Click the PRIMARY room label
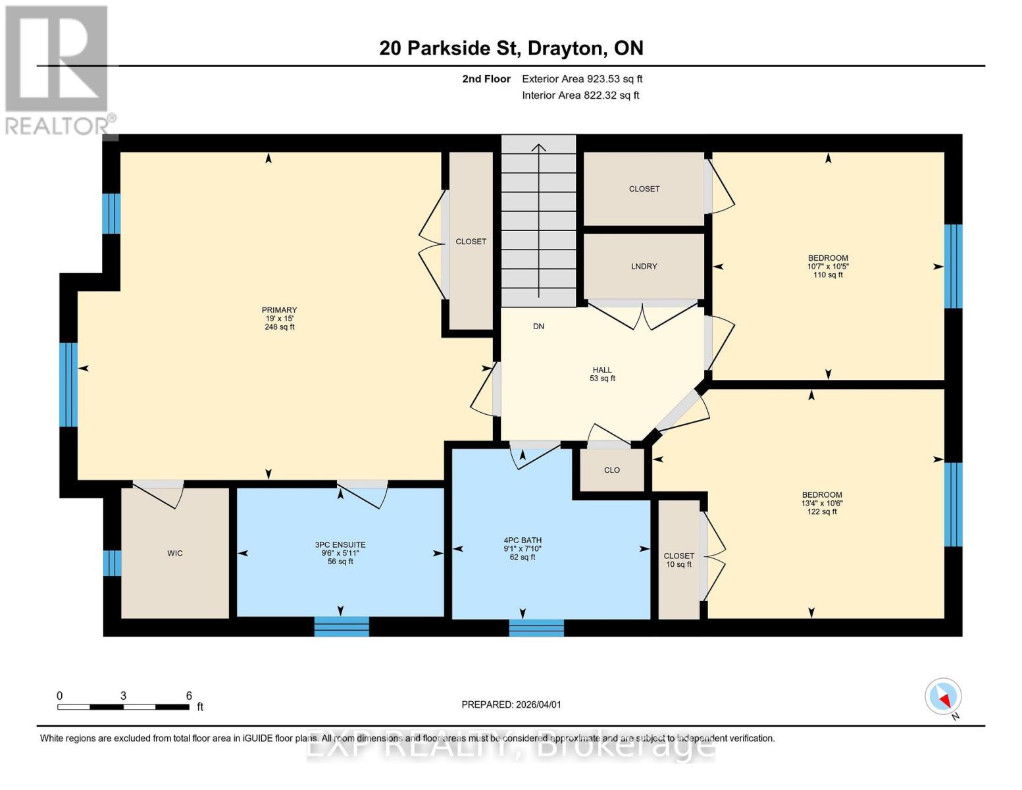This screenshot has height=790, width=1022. pyautogui.click(x=279, y=318)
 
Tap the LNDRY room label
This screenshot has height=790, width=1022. pyautogui.click(x=644, y=267)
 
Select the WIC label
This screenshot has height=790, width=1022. pyautogui.click(x=174, y=554)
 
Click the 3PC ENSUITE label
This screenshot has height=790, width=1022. pyautogui.click(x=340, y=553)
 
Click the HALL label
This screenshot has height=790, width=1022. pyautogui.click(x=602, y=374)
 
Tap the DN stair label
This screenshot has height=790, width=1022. pyautogui.click(x=538, y=327)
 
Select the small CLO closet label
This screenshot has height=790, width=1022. pyautogui.click(x=612, y=470)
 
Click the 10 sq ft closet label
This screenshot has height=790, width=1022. pyautogui.click(x=678, y=560)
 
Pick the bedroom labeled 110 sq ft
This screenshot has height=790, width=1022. pyautogui.click(x=828, y=267)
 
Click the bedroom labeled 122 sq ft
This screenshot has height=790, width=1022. pyautogui.click(x=822, y=503)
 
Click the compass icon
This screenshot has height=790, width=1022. pyautogui.click(x=943, y=697)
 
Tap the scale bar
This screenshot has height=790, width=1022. pyautogui.click(x=123, y=707)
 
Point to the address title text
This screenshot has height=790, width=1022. pyautogui.click(x=511, y=48)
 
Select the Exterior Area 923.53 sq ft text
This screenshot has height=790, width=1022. pyautogui.click(x=582, y=79)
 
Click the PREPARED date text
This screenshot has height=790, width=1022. pyautogui.click(x=511, y=704)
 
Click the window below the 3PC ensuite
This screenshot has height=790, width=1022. pyautogui.click(x=342, y=627)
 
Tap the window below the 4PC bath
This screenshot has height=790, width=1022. pyautogui.click(x=536, y=628)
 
